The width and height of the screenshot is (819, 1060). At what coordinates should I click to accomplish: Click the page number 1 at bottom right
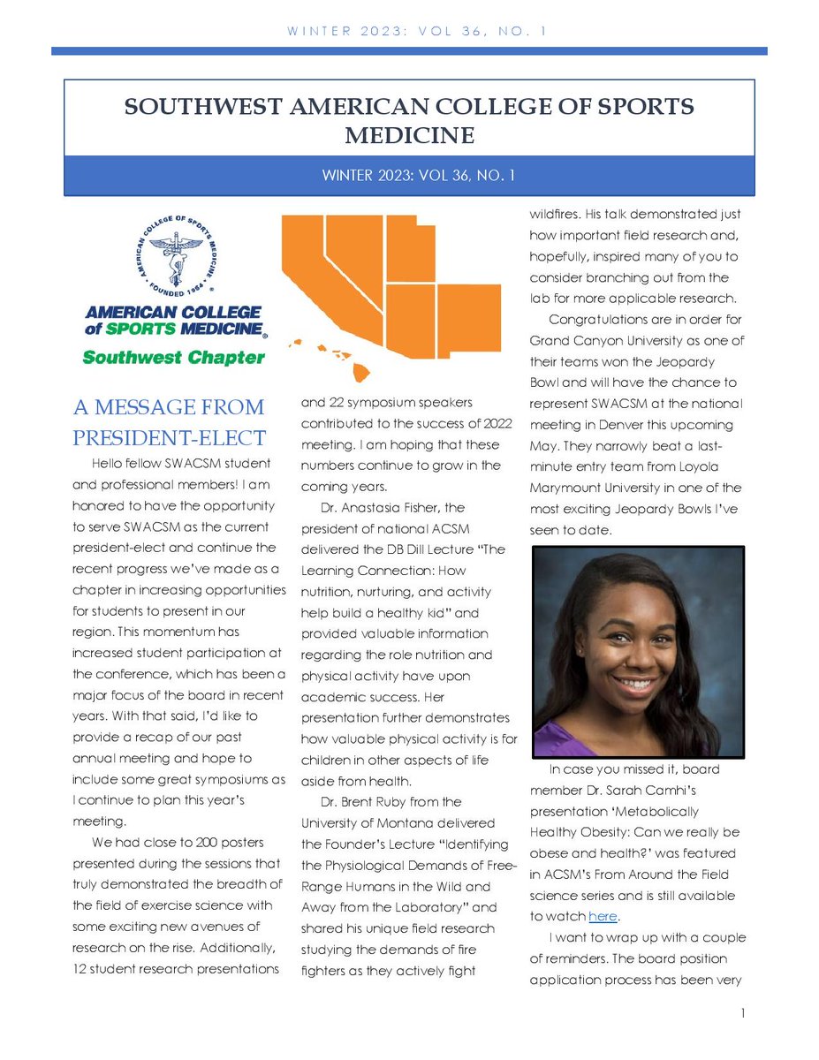tap(745, 1015)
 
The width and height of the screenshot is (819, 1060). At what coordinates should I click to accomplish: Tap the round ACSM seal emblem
tap(176, 254)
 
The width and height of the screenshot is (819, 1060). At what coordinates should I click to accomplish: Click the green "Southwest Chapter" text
tap(173, 358)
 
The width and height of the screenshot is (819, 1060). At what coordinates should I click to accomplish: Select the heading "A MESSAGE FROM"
tap(169, 407)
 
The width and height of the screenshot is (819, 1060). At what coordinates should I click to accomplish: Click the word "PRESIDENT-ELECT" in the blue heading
tap(169, 437)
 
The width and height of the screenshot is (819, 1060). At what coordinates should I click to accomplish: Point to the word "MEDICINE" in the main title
tap(409, 135)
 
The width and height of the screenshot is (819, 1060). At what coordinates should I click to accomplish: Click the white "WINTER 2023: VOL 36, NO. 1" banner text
tap(409, 175)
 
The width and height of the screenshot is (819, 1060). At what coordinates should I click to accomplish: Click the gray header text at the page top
tap(409, 32)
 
